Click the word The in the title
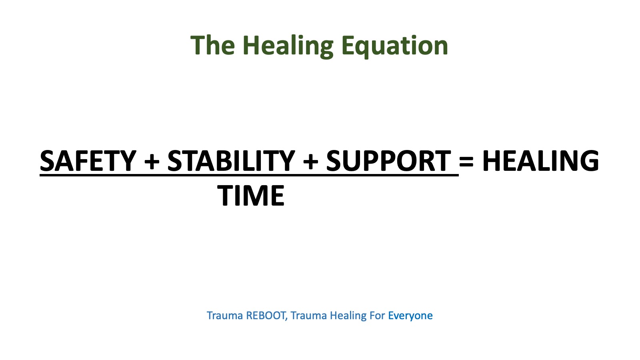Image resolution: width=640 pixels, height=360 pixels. (212, 45)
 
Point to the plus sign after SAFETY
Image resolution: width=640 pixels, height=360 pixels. (152, 162)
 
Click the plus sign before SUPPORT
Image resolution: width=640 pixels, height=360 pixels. (310, 162)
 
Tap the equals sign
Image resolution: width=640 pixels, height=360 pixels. (466, 162)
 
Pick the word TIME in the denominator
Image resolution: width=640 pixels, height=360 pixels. (251, 196)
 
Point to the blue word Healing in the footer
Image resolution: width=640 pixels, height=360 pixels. (348, 316)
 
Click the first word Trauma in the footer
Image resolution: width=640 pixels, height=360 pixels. (225, 316)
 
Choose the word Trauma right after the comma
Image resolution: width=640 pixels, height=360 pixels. (309, 316)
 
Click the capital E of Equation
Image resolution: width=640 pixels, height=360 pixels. (348, 45)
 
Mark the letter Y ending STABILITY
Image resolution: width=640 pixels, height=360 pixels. (286, 161)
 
